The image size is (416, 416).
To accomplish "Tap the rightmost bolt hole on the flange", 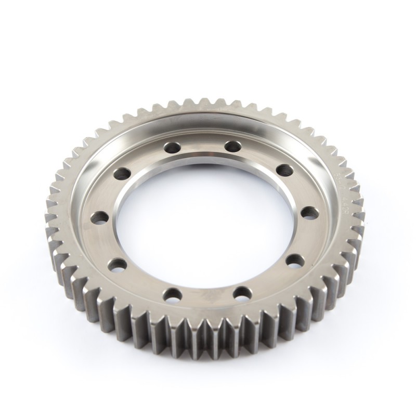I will [309, 212].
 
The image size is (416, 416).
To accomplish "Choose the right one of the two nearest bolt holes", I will [241, 294].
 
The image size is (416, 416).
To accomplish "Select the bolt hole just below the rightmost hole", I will [295, 261].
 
